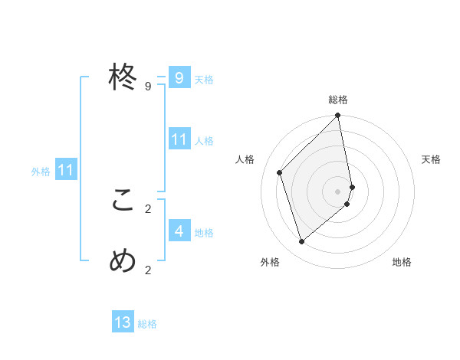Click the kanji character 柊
click(x=123, y=77)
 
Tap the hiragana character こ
click(x=123, y=201)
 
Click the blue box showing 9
click(x=179, y=78)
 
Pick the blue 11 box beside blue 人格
click(x=179, y=139)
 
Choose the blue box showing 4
click(x=179, y=231)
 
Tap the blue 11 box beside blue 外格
click(x=65, y=171)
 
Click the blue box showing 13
click(x=123, y=322)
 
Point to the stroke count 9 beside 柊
click(x=148, y=87)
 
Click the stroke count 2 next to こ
click(x=148, y=208)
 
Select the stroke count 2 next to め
click(x=148, y=270)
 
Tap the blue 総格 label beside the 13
click(x=147, y=324)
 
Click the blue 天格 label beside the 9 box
click(x=204, y=80)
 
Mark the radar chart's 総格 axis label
click(x=338, y=100)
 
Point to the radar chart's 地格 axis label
click(x=402, y=262)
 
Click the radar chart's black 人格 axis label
click(x=245, y=159)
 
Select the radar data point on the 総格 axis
click(x=338, y=116)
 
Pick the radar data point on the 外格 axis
click(x=302, y=242)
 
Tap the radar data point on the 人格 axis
click(x=280, y=172)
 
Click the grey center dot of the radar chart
click(x=338, y=191)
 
